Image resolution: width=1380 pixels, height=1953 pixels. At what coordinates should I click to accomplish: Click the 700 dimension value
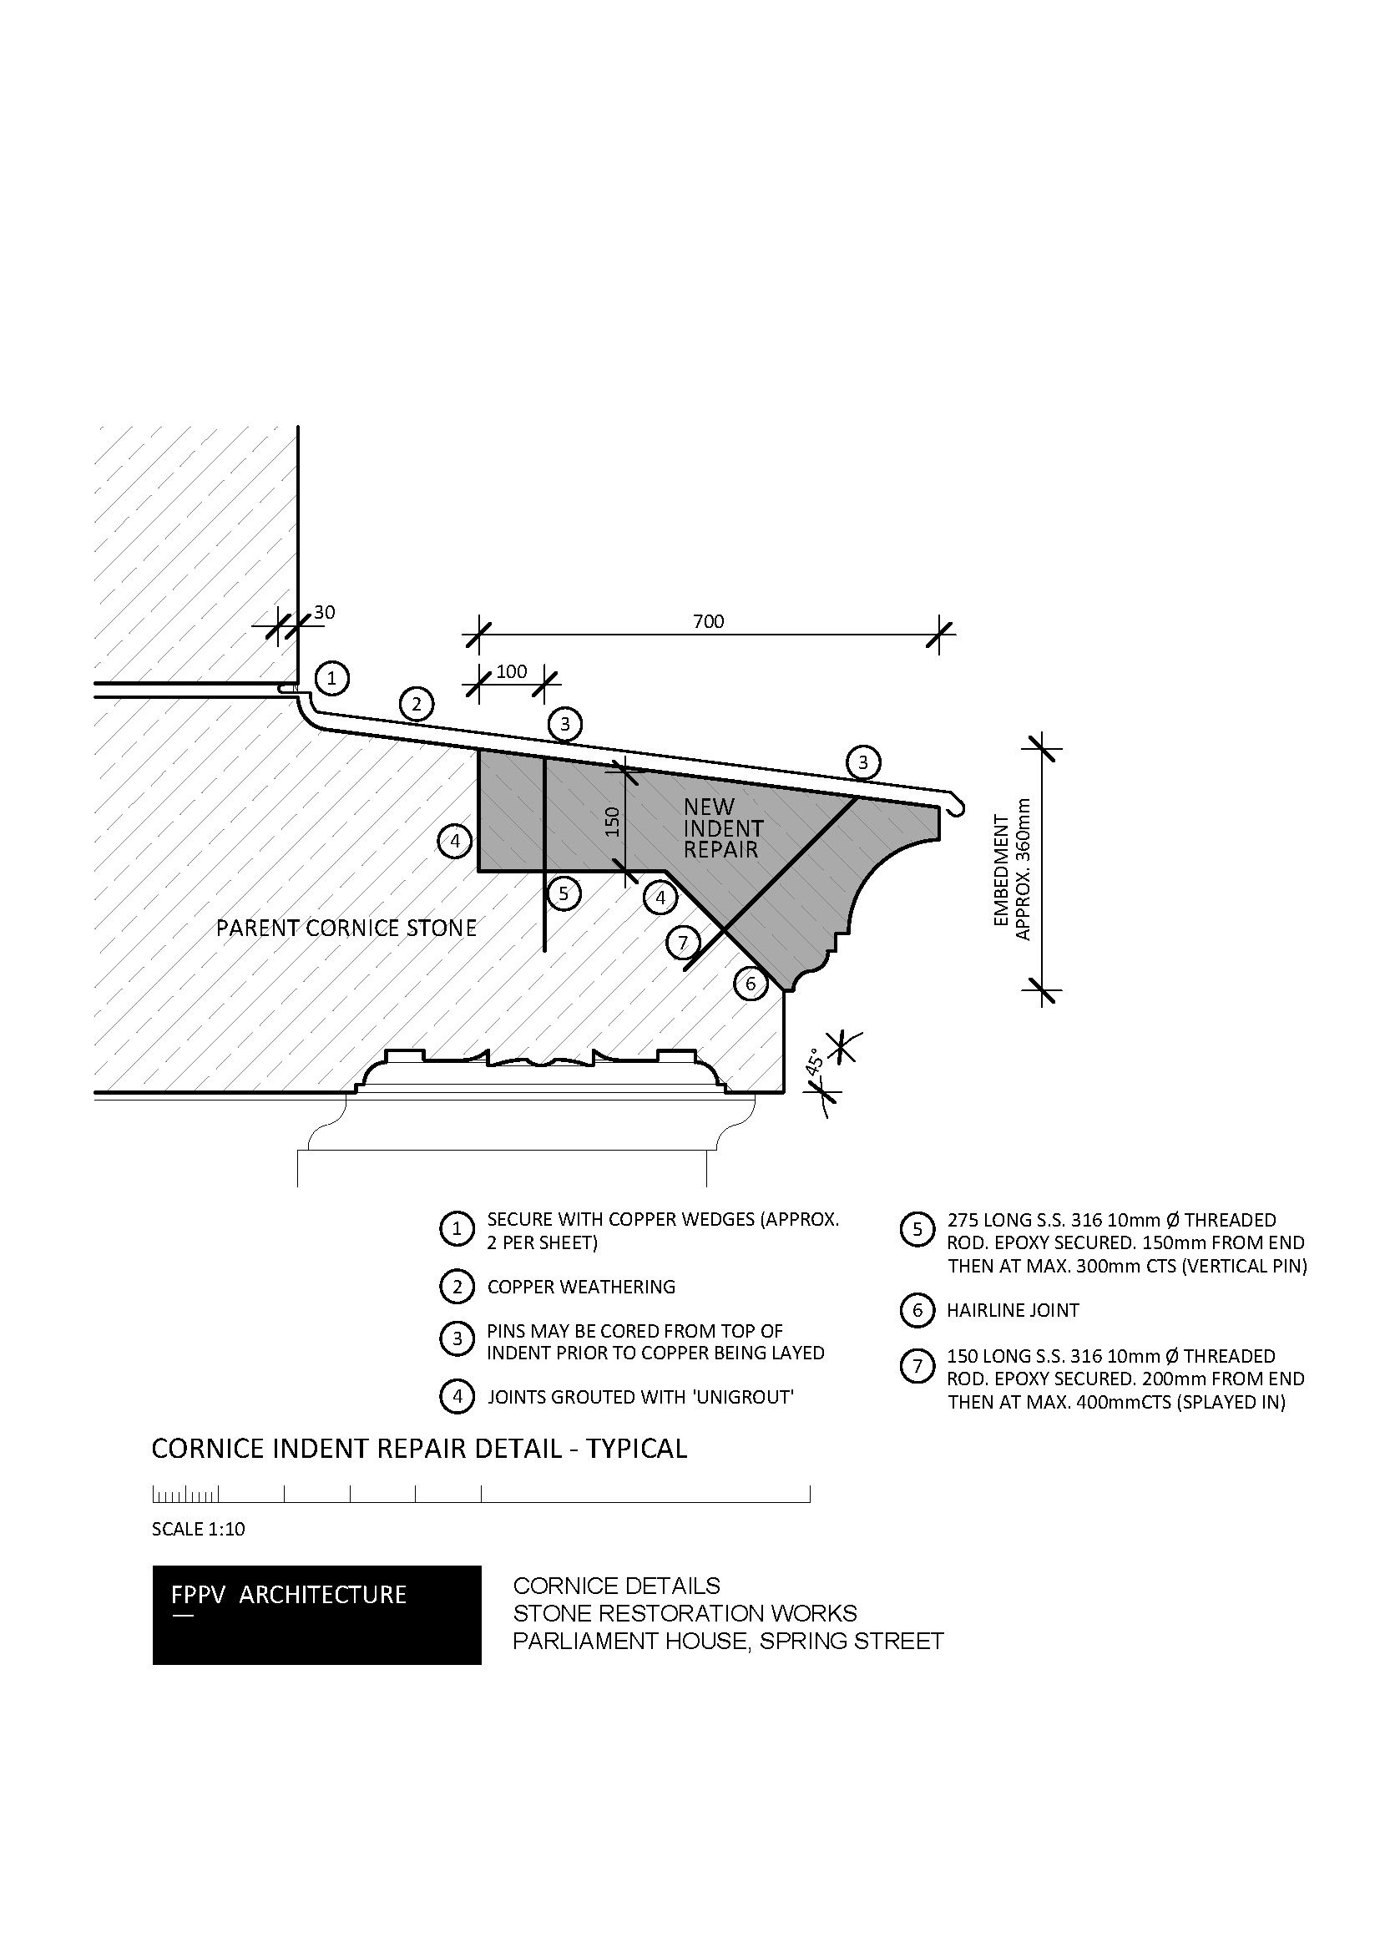coord(708,622)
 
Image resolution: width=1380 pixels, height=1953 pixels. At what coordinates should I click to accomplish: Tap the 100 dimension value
coord(512,672)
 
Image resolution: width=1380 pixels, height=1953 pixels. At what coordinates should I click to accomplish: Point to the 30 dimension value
coord(325,612)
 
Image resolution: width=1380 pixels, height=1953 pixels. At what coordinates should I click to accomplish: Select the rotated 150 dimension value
coord(613,822)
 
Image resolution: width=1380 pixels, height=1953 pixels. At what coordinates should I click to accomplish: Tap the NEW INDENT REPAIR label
coord(724,827)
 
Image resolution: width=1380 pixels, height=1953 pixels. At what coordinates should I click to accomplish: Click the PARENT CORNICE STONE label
coord(346,928)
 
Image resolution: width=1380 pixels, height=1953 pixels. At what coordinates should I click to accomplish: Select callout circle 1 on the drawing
coord(331,678)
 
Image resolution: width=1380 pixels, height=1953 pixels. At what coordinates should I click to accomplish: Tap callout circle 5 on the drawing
coord(563,894)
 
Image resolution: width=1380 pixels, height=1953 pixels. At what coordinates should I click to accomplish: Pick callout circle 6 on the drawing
coord(751,985)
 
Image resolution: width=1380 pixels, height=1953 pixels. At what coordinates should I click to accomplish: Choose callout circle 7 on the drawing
coord(683,943)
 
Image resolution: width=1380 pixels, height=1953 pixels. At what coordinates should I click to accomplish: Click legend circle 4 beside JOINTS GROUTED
coord(457,1397)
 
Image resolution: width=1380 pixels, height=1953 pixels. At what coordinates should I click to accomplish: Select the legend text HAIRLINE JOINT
coord(1013,1310)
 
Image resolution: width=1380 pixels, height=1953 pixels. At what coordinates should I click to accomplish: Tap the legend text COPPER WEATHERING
coord(582,1287)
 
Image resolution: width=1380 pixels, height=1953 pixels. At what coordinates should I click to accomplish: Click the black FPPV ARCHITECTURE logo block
coord(317,1616)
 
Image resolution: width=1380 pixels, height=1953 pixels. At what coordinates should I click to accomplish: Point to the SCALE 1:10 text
coord(198,1530)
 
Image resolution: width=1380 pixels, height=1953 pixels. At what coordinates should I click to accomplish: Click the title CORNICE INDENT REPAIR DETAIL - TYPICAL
coord(419,1449)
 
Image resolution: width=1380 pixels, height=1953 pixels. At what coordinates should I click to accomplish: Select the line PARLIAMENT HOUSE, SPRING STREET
coord(728,1641)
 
